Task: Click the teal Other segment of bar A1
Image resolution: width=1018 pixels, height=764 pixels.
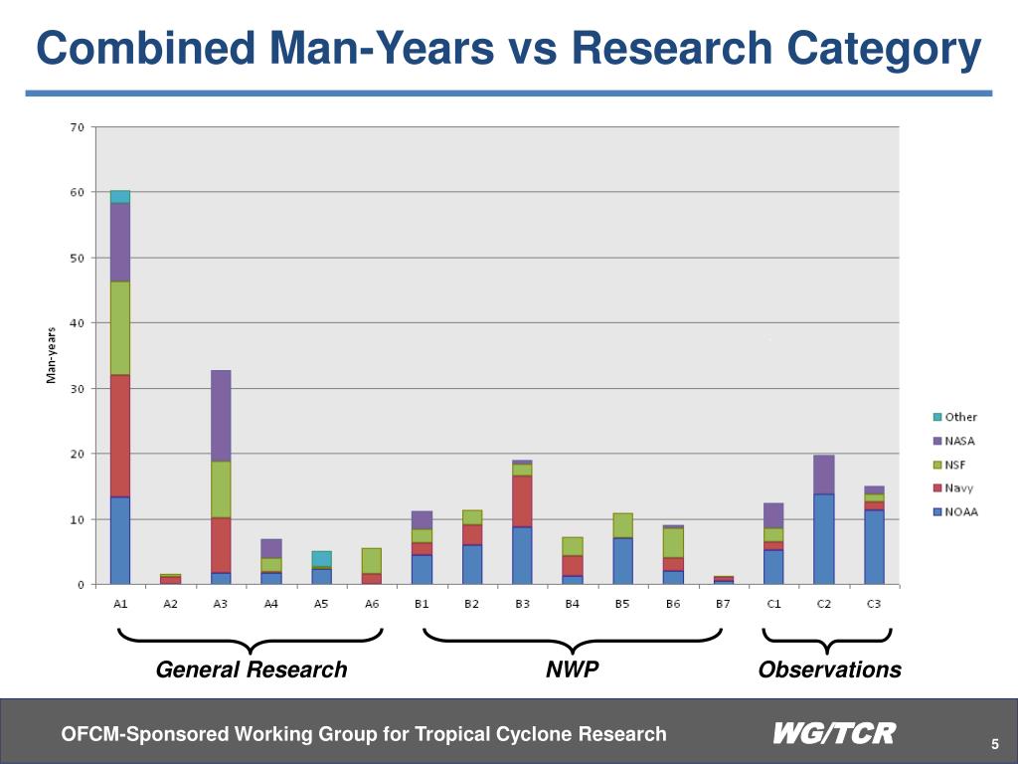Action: (120, 196)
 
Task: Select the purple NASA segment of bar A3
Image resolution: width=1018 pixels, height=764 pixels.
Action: (221, 415)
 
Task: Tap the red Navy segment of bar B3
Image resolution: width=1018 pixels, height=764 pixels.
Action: (521, 500)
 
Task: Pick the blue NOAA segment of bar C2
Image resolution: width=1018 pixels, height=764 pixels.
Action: (823, 538)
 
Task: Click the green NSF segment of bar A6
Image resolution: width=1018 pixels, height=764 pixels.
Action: (371, 560)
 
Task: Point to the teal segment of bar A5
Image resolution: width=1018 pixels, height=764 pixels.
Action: (321, 558)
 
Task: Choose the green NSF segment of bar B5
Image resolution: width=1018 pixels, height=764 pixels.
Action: (622, 525)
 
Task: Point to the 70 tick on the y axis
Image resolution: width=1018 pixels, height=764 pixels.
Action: (77, 127)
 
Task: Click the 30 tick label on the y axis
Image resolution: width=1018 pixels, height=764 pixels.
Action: (77, 389)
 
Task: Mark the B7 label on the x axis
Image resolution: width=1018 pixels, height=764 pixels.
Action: (723, 605)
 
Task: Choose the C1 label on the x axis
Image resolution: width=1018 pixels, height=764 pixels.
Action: (773, 605)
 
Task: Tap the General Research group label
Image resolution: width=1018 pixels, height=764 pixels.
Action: (252, 669)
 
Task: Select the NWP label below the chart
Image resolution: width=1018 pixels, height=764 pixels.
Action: (573, 669)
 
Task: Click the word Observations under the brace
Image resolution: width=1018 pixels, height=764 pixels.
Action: (829, 669)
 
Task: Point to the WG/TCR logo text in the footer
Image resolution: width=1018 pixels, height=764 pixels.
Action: (834, 734)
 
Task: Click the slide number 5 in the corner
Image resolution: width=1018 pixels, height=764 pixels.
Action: (993, 746)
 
